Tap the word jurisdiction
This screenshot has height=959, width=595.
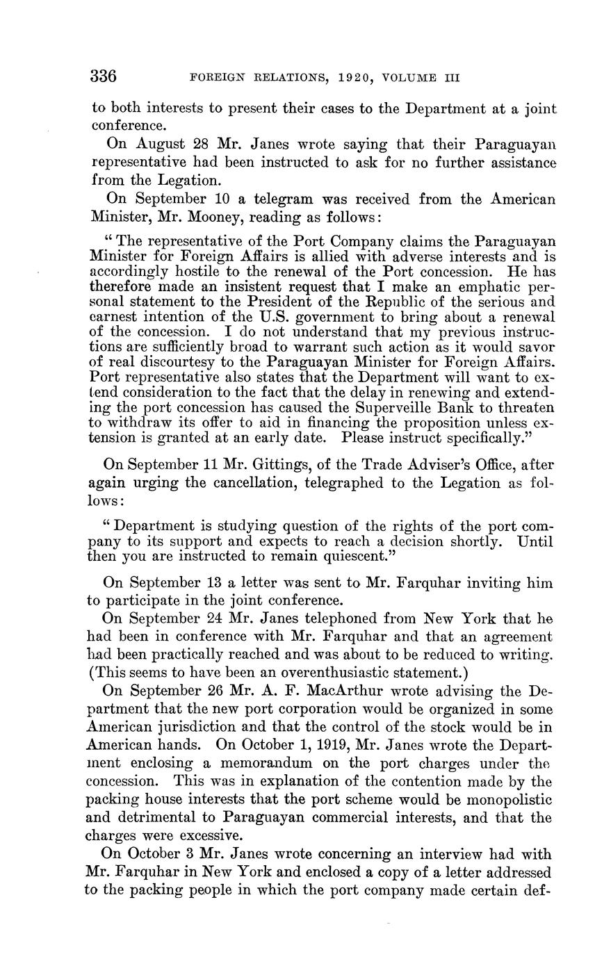click(204, 728)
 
